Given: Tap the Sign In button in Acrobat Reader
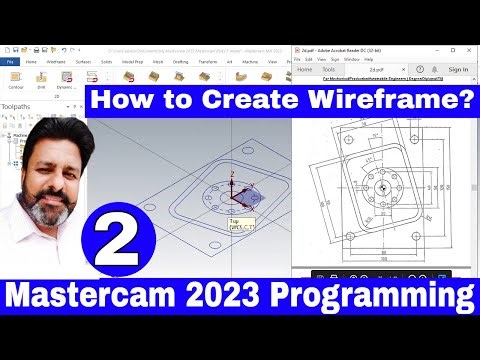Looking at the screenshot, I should point(458,70).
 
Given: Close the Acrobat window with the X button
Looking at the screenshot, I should point(471,47).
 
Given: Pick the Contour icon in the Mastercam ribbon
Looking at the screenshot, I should point(15,80).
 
